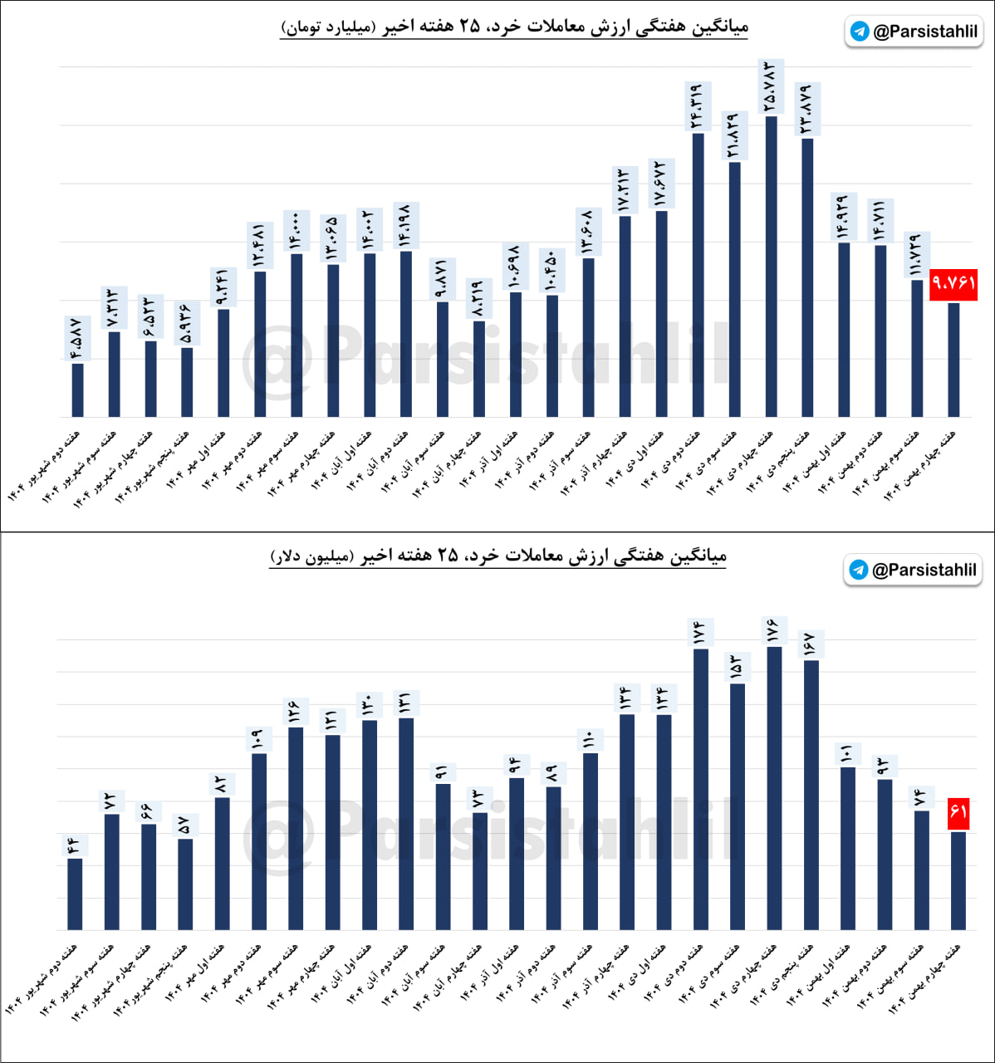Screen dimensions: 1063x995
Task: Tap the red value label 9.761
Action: [x=953, y=284]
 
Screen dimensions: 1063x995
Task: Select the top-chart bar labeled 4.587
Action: [x=77, y=389]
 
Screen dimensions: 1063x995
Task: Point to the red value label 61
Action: [x=958, y=811]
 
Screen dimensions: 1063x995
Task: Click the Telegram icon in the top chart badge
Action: [x=860, y=32]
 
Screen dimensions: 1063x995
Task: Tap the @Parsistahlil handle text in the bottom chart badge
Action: [x=924, y=571]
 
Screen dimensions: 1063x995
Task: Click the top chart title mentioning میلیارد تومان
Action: [x=514, y=27]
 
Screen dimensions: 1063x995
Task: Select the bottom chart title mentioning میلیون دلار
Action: [x=498, y=556]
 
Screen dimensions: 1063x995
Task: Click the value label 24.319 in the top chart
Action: [x=696, y=105]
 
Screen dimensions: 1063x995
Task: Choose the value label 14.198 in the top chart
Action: [x=404, y=224]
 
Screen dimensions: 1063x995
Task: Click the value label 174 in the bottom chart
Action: [x=700, y=632]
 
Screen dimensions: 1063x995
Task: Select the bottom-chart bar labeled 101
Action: [x=847, y=848]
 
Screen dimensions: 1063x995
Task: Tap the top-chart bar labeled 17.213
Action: [x=625, y=316]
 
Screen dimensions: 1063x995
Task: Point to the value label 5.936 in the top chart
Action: [x=186, y=322]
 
